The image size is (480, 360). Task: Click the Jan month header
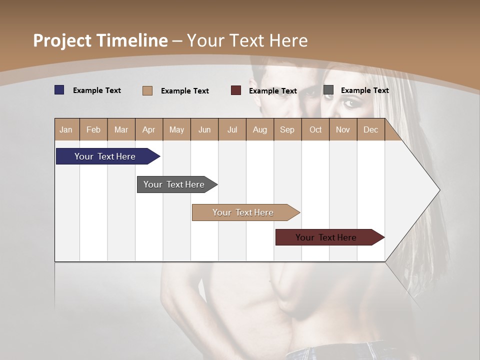[x=66, y=130]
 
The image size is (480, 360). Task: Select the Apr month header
[x=149, y=130]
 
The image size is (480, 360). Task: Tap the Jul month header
[x=232, y=130]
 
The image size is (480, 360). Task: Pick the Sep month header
[x=287, y=130]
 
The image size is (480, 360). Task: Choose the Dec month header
[x=370, y=130]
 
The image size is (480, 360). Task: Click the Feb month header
[x=93, y=130]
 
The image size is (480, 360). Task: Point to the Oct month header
[x=315, y=130]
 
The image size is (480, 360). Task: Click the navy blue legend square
[x=59, y=90]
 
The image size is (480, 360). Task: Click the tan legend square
[x=147, y=90]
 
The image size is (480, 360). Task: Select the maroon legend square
[x=236, y=90]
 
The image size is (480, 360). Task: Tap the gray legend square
[x=328, y=90]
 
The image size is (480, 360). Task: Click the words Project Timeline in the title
[x=100, y=40]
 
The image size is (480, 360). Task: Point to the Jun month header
[x=204, y=130]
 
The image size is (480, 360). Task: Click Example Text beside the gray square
[x=364, y=90]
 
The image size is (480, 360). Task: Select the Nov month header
[x=343, y=130]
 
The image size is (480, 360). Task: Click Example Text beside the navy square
[x=97, y=90]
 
